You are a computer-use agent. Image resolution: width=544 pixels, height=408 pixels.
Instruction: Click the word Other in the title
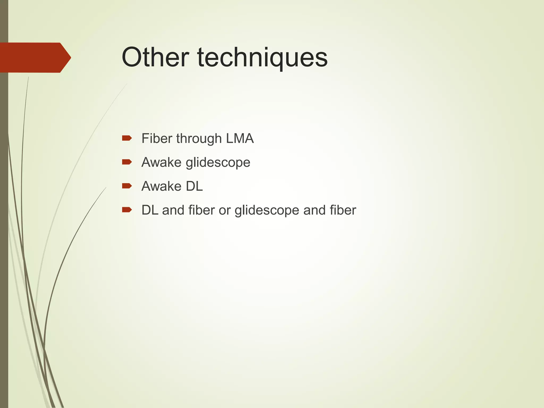point(155,57)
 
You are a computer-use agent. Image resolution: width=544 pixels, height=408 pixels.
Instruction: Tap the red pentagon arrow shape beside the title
point(35,57)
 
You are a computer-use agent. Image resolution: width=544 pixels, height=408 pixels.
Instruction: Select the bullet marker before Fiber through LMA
point(127,138)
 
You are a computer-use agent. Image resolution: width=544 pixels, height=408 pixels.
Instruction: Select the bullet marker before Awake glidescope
point(127,162)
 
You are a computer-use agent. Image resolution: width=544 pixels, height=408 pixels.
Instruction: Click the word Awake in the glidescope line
point(161,162)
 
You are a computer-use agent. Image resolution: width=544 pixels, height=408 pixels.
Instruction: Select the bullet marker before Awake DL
point(127,186)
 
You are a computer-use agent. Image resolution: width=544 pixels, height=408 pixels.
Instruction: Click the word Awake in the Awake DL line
point(161,186)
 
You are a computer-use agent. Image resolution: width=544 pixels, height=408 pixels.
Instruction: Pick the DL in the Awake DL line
point(194,186)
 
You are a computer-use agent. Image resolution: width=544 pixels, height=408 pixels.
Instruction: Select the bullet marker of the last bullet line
point(127,210)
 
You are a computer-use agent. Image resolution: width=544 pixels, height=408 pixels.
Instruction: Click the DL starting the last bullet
point(150,210)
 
